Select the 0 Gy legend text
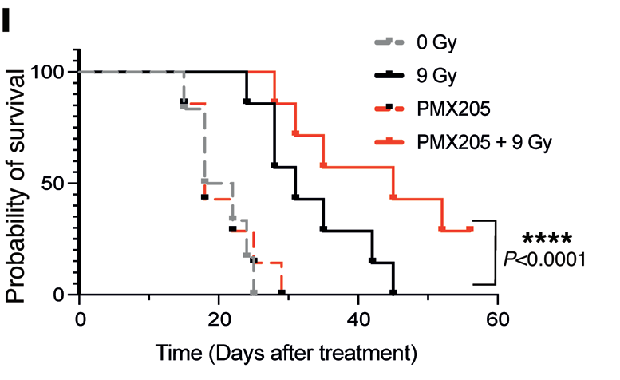(435, 41)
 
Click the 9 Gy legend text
(435, 76)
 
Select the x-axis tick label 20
(219, 316)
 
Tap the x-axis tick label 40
(358, 316)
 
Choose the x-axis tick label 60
(498, 316)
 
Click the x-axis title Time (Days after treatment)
(286, 352)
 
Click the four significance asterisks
(546, 239)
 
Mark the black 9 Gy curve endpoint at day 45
(393, 293)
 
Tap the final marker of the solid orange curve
(470, 229)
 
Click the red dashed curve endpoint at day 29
(282, 293)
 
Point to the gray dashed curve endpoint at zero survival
(254, 293)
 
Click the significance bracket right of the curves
(496, 251)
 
